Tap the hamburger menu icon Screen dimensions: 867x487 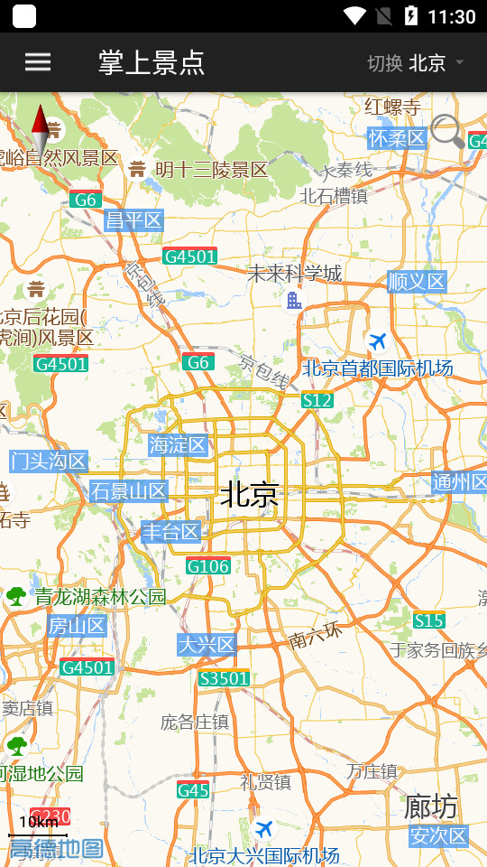pos(38,61)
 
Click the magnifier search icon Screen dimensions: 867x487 pos(446,131)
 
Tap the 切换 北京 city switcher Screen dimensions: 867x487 pos(416,62)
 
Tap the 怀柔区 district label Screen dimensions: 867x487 pos(397,138)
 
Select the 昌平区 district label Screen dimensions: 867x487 pos(133,220)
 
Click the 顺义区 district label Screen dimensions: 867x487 pos(417,282)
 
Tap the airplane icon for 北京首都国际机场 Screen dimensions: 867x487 pos(378,340)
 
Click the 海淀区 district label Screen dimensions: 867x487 pos(179,444)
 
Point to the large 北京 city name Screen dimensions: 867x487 pos(250,494)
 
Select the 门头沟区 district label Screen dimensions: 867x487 pos(49,461)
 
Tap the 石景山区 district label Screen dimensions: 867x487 pos(129,491)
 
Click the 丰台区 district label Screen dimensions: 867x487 pos(170,532)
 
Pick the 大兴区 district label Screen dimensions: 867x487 pos(207,644)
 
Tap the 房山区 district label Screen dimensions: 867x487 pos(78,625)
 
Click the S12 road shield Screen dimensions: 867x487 pos(317,399)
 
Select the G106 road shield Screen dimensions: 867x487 pos(208,566)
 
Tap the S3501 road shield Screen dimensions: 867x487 pos(224,677)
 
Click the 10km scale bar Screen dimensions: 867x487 pos(38,824)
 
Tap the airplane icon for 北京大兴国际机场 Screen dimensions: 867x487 pos(264,828)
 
